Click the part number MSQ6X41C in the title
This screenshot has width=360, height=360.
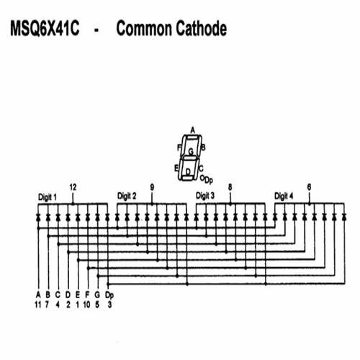45,29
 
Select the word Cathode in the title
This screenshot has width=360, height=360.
201,28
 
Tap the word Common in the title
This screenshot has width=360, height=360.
144,29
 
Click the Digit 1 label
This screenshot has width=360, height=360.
48,197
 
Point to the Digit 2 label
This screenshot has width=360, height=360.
127,196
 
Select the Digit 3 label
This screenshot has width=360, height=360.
205,196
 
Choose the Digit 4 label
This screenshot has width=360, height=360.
284,196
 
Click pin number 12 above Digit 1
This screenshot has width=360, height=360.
73,187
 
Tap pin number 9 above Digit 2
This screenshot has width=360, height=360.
152,187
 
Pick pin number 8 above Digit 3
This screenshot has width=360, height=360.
230,187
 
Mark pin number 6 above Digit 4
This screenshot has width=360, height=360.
309,187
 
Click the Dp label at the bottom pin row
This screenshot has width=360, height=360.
109,295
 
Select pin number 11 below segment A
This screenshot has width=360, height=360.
38,305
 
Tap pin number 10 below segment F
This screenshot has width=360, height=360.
86,305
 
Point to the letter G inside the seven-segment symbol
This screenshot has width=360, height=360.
191,152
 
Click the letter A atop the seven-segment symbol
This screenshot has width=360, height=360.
193,130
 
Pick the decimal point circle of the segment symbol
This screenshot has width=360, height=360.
202,178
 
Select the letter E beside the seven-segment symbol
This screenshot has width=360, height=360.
176,168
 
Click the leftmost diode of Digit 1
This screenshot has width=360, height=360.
38,217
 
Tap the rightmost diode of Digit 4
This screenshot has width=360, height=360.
344,217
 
